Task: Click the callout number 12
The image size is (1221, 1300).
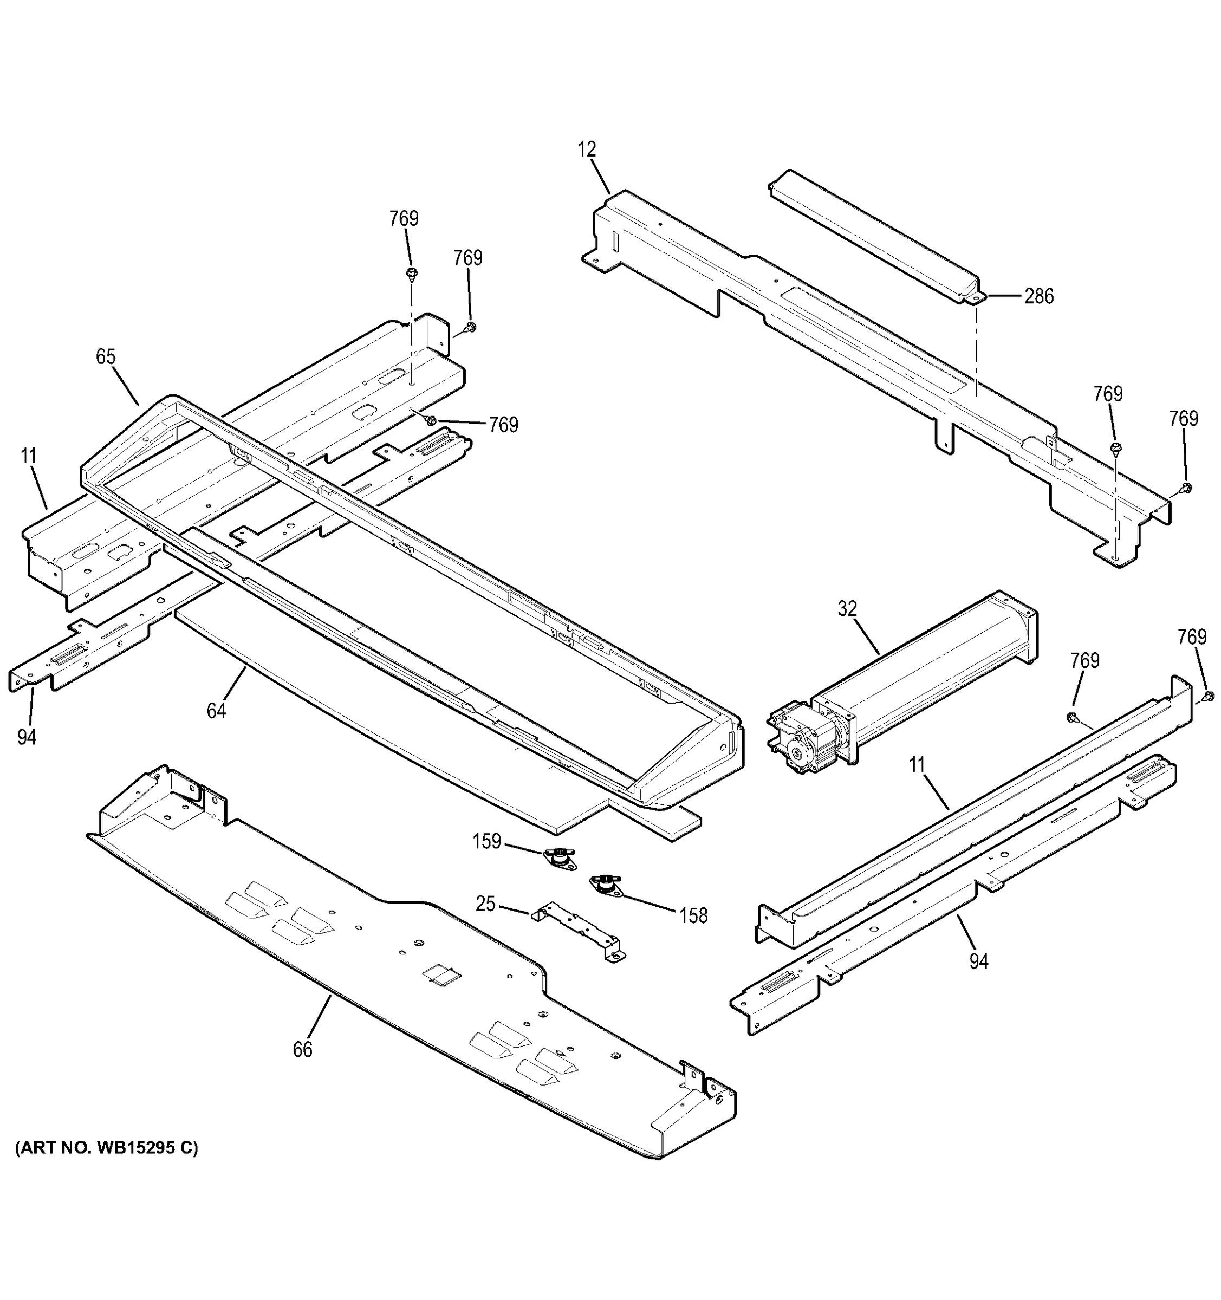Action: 587,149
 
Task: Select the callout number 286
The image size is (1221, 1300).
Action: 1038,296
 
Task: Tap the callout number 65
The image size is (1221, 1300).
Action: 105,357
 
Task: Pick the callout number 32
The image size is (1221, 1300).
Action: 847,609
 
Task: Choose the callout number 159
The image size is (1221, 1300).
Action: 486,841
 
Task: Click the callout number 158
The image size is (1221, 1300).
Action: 693,916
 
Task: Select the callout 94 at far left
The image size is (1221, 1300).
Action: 27,737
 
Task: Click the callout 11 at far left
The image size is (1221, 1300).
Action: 28,456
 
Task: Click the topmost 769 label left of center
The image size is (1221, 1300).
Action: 404,218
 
